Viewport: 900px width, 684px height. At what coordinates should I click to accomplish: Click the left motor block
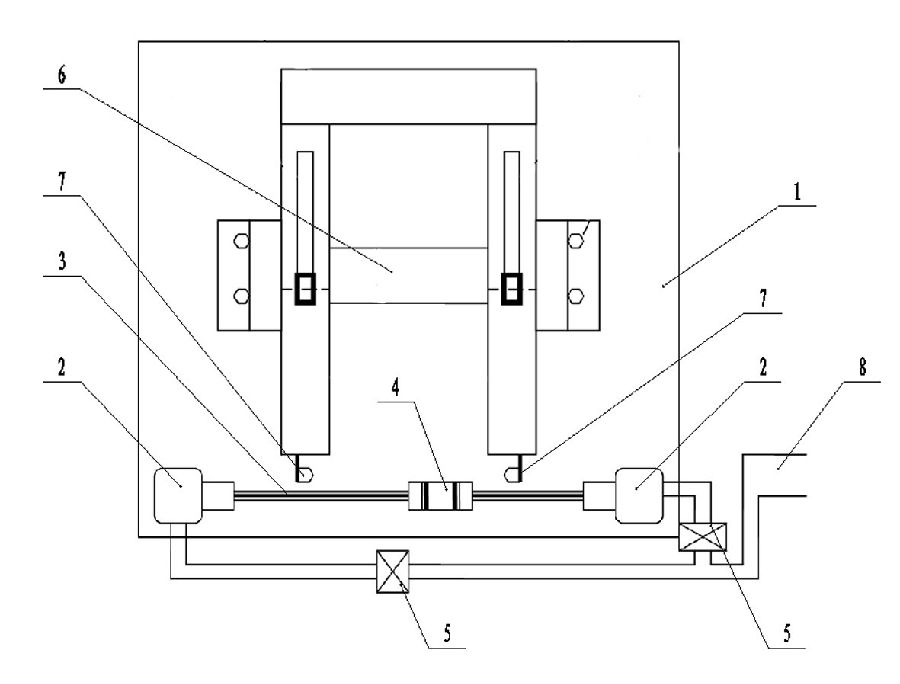179,494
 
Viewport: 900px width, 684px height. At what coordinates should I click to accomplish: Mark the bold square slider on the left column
306,289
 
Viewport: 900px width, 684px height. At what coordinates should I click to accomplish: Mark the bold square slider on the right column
513,289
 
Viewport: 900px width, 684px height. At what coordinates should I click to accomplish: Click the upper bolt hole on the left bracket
241,241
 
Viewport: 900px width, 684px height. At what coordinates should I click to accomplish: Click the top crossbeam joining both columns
410,96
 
